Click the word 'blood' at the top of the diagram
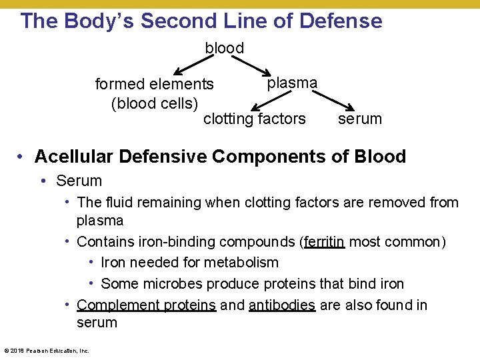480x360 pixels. pyautogui.click(x=225, y=48)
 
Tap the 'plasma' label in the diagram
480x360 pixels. pyautogui.click(x=292, y=83)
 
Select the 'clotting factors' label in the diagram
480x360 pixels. pyautogui.click(x=254, y=119)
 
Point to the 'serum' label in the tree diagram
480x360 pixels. pyautogui.click(x=360, y=119)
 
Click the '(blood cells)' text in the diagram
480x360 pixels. pyautogui.click(x=155, y=103)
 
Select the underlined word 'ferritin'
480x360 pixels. pyautogui.click(x=324, y=241)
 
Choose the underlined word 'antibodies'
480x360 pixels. pyautogui.click(x=281, y=305)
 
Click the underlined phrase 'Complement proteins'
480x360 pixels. pyautogui.click(x=147, y=305)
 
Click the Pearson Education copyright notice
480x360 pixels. pyautogui.click(x=46, y=350)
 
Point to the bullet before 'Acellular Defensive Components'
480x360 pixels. pyautogui.click(x=22, y=157)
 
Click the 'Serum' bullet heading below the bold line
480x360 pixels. pyautogui.click(x=79, y=181)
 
